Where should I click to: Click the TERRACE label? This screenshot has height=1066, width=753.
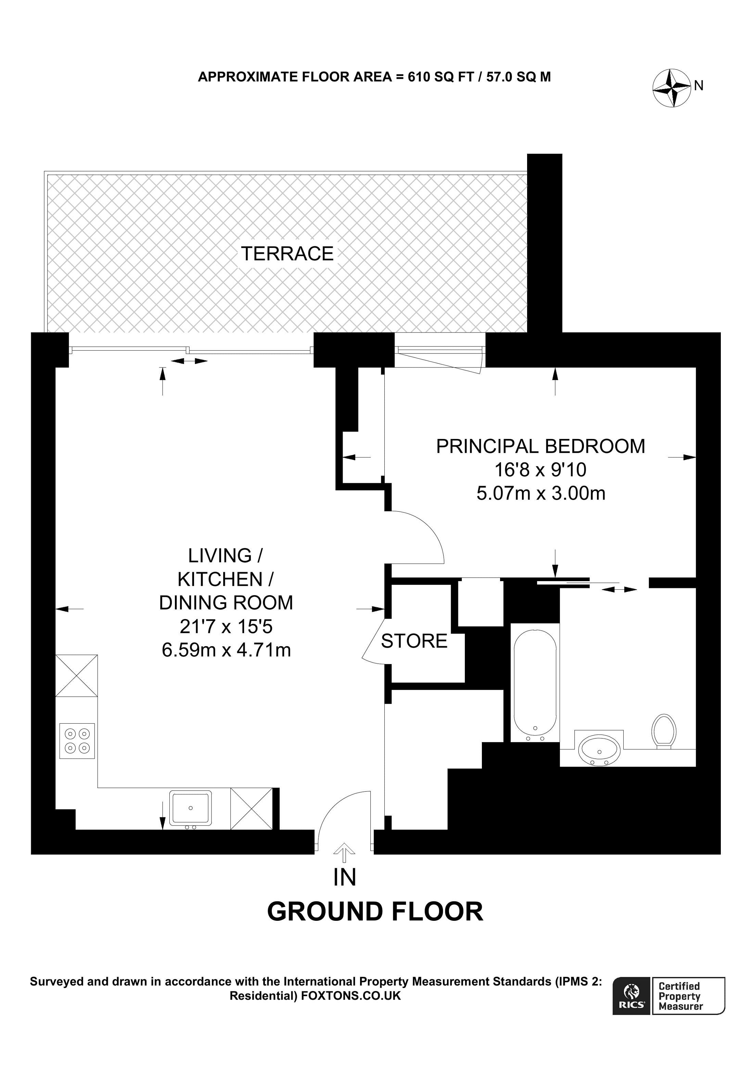click(x=287, y=254)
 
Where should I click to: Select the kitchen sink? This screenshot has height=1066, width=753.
click(x=190, y=808)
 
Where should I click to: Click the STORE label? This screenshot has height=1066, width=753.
click(x=414, y=641)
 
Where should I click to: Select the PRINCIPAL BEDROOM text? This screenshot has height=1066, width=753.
click(x=540, y=446)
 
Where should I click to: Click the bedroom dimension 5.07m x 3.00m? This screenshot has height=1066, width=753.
click(x=540, y=493)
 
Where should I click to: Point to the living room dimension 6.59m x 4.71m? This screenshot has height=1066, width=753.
click(x=226, y=650)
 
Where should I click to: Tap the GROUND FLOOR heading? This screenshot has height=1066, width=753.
click(x=375, y=912)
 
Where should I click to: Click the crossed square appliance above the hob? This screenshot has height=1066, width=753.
click(x=77, y=676)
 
